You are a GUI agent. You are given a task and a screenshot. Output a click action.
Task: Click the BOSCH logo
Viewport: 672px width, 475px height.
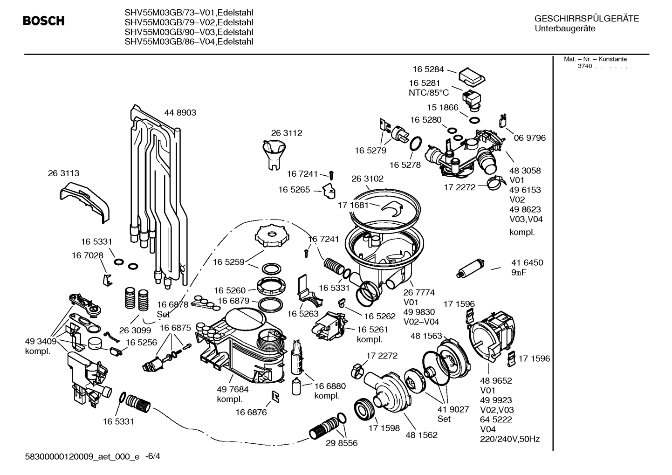[x=44, y=21]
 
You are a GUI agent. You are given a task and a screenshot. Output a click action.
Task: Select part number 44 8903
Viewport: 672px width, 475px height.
[x=180, y=113]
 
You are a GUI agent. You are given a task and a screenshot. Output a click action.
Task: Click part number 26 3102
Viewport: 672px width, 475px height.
[x=368, y=179]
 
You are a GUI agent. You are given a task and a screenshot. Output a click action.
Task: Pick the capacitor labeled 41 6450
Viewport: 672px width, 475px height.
[x=470, y=268]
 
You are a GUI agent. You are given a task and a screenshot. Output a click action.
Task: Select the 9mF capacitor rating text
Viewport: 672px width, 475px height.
[x=519, y=272]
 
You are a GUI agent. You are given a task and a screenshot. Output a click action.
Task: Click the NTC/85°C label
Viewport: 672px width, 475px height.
[x=429, y=93]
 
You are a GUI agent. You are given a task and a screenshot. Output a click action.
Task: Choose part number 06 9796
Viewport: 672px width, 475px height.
[x=530, y=138]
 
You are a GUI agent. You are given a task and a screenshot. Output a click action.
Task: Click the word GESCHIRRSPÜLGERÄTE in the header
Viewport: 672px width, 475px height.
[x=587, y=19]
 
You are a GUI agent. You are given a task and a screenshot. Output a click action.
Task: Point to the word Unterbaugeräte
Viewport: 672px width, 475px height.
[x=565, y=29]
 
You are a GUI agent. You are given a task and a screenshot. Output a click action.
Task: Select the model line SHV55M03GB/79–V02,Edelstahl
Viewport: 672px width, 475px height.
[x=189, y=22]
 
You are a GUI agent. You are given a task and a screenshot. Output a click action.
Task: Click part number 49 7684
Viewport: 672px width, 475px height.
[x=233, y=390]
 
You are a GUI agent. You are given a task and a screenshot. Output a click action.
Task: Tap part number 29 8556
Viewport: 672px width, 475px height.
[x=342, y=443]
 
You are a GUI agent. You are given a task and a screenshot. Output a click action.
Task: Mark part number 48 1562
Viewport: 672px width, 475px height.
[x=421, y=435]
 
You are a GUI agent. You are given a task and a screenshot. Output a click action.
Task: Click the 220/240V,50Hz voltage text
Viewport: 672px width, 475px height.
[x=510, y=439]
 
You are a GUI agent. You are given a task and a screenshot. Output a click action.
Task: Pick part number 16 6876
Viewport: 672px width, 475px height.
[x=251, y=413]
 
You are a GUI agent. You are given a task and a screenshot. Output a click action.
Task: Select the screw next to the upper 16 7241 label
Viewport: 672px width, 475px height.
[x=331, y=176]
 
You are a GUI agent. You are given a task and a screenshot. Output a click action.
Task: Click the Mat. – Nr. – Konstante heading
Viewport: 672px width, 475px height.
[x=595, y=59]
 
